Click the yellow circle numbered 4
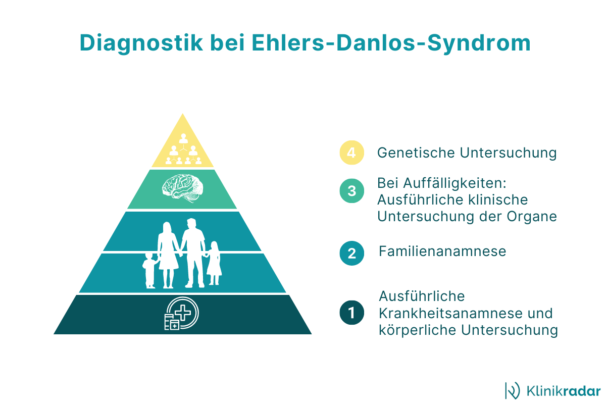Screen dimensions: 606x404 point(351,153)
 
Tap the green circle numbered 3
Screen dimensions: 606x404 point(351,191)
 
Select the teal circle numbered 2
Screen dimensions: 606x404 point(351,254)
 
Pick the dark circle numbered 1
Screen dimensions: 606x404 point(351,313)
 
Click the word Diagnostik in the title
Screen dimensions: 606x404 point(141,43)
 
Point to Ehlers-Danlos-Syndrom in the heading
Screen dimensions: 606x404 point(391,43)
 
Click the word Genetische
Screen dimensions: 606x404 point(416,153)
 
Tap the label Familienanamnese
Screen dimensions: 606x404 point(442,251)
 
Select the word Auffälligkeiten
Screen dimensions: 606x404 point(455,183)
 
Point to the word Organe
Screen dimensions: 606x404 point(532,217)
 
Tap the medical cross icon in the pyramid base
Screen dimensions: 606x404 point(181,313)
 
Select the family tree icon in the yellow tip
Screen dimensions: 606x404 point(183,149)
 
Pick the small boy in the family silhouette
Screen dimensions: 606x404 point(149,271)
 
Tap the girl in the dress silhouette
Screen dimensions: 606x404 point(214,263)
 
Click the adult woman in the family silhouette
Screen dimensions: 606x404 point(168,255)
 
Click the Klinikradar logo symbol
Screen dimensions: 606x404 point(513,391)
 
